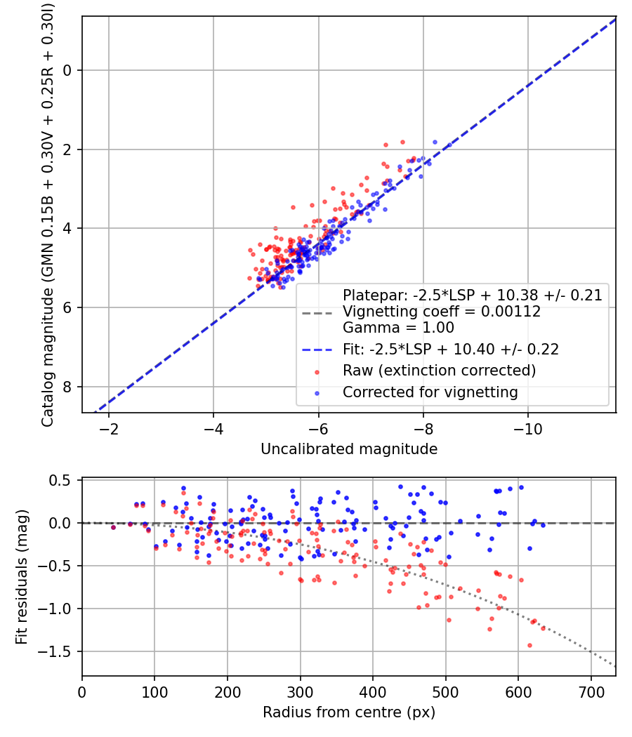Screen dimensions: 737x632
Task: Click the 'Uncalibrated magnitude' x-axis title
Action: [349, 449]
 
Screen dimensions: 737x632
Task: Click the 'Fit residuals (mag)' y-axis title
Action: [22, 576]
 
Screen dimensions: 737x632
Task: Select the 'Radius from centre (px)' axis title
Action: [349, 712]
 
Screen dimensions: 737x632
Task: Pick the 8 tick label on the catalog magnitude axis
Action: [68, 387]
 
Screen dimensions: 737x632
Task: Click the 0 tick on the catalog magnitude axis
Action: [68, 70]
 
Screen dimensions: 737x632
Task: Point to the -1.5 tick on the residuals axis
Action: [59, 651]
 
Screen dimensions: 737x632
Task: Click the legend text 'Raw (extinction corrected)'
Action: [439, 370]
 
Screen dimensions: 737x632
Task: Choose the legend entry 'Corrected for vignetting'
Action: [430, 392]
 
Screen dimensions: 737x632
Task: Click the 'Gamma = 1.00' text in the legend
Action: [398, 328]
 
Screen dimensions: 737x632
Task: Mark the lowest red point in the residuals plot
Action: [529, 645]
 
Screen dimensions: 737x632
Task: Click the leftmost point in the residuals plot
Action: [113, 527]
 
